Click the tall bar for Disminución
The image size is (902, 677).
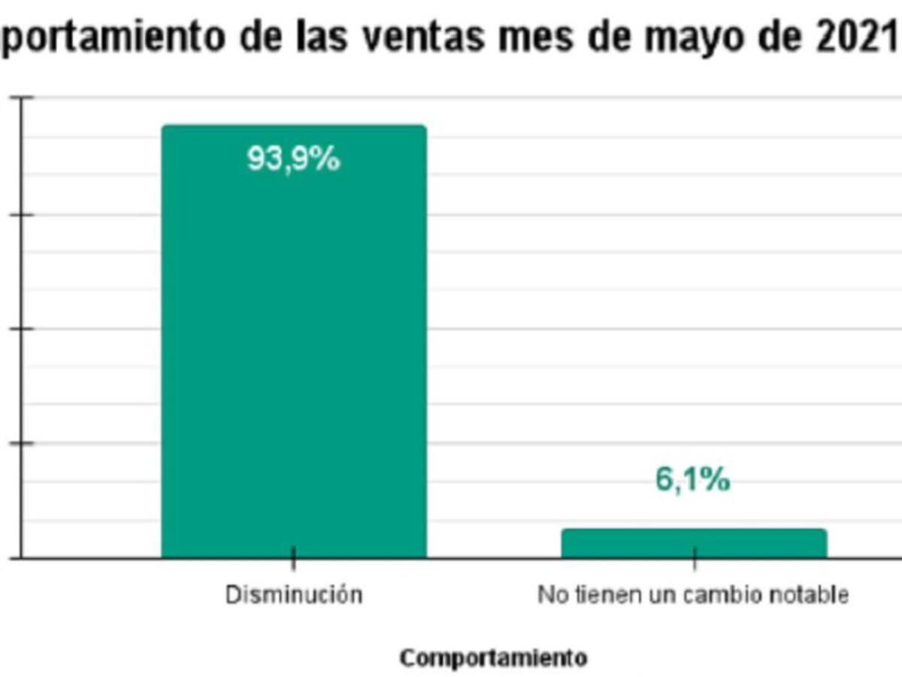point(294,346)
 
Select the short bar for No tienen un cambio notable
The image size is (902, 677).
point(694,543)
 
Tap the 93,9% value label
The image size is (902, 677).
point(294,159)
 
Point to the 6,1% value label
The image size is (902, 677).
point(692,481)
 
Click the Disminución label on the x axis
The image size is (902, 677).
point(294,595)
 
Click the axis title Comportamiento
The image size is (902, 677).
point(493,658)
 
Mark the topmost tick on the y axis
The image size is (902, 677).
point(25,98)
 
